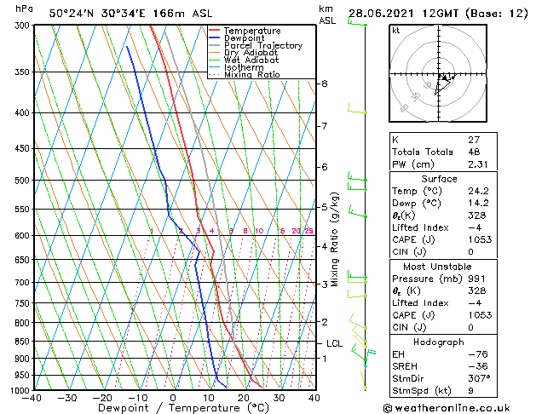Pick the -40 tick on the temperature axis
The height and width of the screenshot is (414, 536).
(32, 398)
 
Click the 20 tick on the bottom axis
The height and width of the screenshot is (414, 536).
(243, 398)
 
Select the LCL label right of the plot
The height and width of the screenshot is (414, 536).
(334, 343)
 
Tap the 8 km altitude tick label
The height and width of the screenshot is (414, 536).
(324, 83)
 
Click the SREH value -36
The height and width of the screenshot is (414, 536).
(476, 365)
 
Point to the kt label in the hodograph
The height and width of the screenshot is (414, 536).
(395, 30)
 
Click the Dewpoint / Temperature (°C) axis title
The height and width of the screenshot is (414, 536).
(173, 409)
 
